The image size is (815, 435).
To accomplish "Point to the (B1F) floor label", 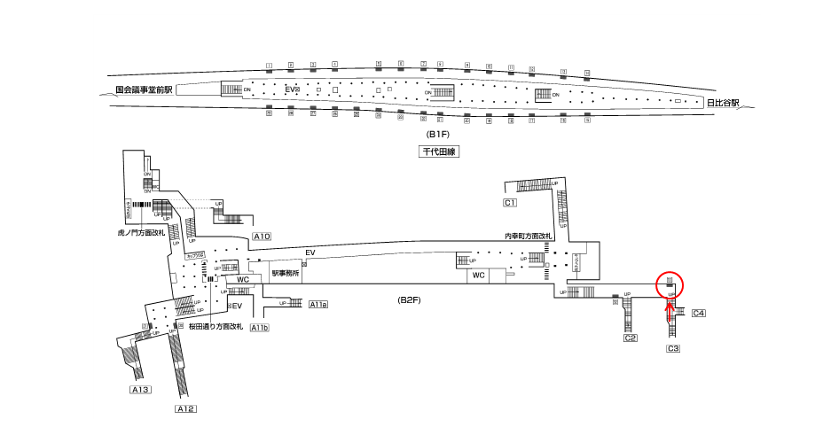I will pyautogui.click(x=437, y=134).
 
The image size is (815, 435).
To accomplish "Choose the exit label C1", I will pyautogui.click(x=510, y=204).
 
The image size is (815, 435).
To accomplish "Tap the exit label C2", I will pyautogui.click(x=631, y=338).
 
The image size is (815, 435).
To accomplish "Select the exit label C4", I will pyautogui.click(x=699, y=313).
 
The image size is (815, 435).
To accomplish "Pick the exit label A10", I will pyautogui.click(x=262, y=237).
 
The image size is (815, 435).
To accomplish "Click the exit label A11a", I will pyautogui.click(x=318, y=305).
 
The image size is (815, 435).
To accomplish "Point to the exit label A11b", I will pyautogui.click(x=259, y=328).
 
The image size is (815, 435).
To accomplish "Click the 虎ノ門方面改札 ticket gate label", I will pyautogui.click(x=142, y=233).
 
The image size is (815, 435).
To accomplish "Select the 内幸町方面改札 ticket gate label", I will pyautogui.click(x=528, y=236).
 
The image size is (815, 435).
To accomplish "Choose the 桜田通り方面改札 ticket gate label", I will pyautogui.click(x=216, y=327).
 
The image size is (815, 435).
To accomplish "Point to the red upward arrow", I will pyautogui.click(x=670, y=308).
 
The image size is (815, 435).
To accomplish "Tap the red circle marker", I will pyautogui.click(x=670, y=284).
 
